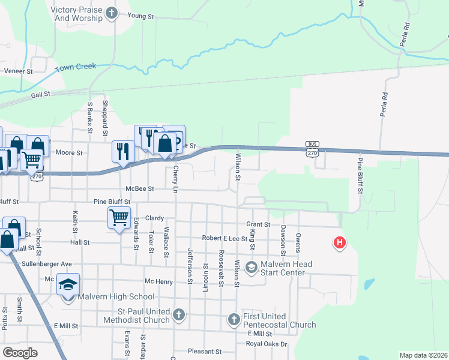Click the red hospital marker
tap(340, 243)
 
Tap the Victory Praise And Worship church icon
tap(112, 13)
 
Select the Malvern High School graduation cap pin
tap(68, 283)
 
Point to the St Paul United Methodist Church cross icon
tap(178, 314)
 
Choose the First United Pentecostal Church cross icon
tap(234, 320)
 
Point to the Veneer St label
tap(19, 71)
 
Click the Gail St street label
tap(41, 95)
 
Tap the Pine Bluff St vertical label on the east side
tap(361, 175)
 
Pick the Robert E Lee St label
tap(224, 238)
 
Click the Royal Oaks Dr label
tap(267, 344)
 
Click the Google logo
tap(20, 353)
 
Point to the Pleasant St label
tap(205, 352)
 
